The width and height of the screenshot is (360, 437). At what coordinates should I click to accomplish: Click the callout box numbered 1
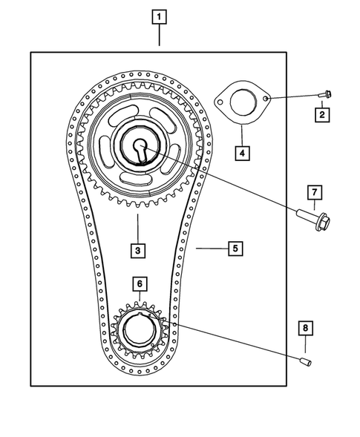pos(159,16)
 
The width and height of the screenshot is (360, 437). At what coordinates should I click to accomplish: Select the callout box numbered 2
pos(321,114)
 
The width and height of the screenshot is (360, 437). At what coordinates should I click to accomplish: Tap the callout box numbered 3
pos(138,250)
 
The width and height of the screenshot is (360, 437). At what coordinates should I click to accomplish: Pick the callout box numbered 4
pos(240,154)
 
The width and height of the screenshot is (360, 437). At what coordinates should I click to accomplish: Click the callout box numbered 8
pos(304,327)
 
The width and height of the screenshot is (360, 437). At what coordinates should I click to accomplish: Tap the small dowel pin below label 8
pos(305,361)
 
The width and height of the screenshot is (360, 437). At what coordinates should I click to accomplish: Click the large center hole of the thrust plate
pos(242,103)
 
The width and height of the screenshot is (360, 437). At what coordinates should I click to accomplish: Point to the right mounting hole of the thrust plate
pos(265,96)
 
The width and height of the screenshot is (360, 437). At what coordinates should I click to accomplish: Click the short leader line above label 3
pos(138,226)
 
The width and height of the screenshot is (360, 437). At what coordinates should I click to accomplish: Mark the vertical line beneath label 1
pos(159,37)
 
